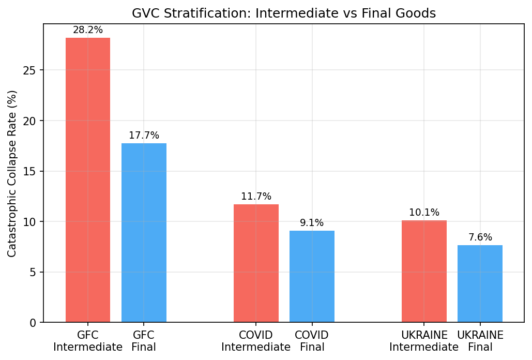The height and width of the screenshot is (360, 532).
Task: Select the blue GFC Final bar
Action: click(x=144, y=233)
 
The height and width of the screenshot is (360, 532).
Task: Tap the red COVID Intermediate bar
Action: click(x=256, y=263)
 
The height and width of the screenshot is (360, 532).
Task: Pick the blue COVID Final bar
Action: click(x=312, y=276)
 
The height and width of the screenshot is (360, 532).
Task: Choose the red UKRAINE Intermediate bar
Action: click(x=424, y=271)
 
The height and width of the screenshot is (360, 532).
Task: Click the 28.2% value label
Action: click(x=88, y=30)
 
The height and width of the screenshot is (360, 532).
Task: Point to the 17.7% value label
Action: click(x=144, y=136)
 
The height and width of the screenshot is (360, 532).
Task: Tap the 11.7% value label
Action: click(x=256, y=197)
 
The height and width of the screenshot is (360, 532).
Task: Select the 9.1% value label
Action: click(x=312, y=223)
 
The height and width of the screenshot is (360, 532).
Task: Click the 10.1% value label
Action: click(x=424, y=213)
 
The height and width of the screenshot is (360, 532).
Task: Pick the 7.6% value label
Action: click(x=480, y=237)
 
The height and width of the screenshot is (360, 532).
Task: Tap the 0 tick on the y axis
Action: click(x=34, y=323)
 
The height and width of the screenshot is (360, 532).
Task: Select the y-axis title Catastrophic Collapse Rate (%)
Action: click(x=12, y=173)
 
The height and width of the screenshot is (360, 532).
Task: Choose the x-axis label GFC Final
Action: click(x=144, y=341)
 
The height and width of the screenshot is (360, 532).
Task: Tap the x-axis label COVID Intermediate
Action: click(x=256, y=341)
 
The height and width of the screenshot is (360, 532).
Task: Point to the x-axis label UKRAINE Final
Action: click(x=480, y=341)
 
